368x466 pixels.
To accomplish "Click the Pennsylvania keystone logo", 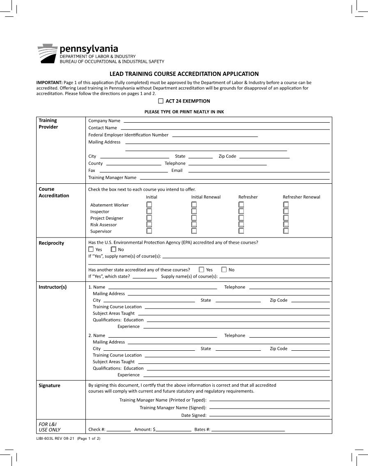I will tap(47, 53).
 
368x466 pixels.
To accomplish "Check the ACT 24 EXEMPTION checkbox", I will tap(161, 101).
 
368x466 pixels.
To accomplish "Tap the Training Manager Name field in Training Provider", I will tap(235, 178).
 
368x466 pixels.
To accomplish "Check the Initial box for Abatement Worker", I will tap(149, 204).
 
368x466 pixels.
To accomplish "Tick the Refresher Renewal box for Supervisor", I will tap(286, 231).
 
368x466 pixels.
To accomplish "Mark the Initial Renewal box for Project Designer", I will tap(194, 218).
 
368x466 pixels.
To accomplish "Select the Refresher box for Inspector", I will tap(241, 211).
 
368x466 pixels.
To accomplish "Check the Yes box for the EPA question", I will tap(91, 249).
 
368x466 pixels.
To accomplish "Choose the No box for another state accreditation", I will tap(224, 270).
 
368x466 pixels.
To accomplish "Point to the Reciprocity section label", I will tap(51, 243).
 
